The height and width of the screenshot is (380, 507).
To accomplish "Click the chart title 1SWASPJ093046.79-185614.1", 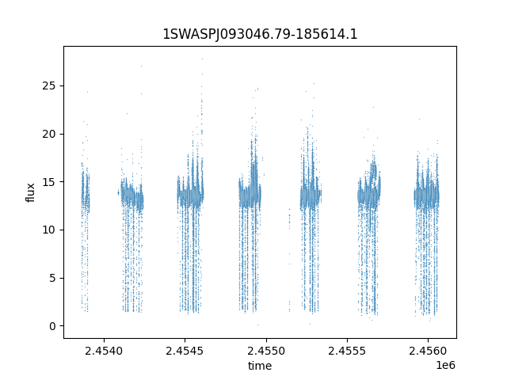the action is (260, 34).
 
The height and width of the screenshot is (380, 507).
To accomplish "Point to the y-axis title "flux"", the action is (30, 192).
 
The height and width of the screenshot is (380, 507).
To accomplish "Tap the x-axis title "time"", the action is (260, 366).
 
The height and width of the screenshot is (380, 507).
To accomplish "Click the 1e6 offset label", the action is (445, 365).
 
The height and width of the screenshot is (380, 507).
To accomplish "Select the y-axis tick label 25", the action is (49, 86).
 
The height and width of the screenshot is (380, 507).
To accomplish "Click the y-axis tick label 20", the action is (49, 134).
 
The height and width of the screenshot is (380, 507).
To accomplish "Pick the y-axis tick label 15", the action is (49, 182).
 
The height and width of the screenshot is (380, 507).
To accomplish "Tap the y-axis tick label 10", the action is (49, 230).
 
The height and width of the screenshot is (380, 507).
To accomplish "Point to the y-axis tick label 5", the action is (52, 278).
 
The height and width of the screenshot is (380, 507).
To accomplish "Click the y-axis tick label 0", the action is (52, 326).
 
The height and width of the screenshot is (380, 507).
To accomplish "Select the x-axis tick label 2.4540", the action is (104, 351).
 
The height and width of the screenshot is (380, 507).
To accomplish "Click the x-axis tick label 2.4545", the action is (185, 351).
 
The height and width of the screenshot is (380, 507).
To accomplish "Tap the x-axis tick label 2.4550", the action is (266, 351).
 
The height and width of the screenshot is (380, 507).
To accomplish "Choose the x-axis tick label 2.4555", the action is (347, 351).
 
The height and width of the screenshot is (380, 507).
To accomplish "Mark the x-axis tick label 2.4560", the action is (428, 351).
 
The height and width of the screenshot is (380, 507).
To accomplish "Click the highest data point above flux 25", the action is (203, 59).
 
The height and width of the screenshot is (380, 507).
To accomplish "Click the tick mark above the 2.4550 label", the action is (266, 340).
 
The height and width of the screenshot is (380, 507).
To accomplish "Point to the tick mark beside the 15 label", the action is (62, 182).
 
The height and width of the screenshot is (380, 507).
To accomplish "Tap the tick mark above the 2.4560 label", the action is (428, 340).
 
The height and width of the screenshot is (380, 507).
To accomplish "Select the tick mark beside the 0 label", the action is (62, 326).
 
